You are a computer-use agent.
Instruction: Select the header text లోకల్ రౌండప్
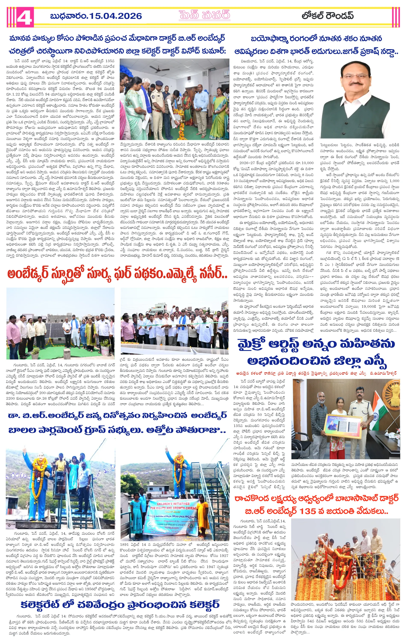tap(328, 16)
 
